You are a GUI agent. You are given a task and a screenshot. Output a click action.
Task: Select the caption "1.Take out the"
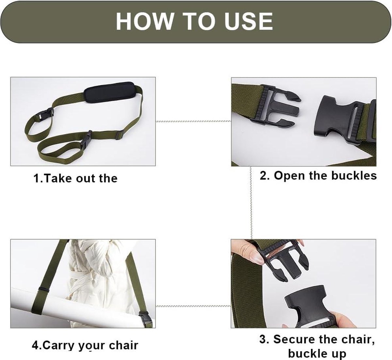[x=75, y=178]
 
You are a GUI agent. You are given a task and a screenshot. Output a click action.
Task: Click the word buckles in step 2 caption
[x=354, y=175]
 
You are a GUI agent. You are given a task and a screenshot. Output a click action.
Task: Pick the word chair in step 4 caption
[x=123, y=345]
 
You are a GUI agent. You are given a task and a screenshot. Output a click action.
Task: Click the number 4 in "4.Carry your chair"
[x=35, y=345]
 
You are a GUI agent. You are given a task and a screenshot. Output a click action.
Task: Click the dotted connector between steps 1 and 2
[x=193, y=121]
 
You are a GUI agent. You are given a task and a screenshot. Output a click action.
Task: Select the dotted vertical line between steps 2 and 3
[x=251, y=203]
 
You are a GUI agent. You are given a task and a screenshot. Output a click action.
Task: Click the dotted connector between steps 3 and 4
[x=193, y=306]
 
